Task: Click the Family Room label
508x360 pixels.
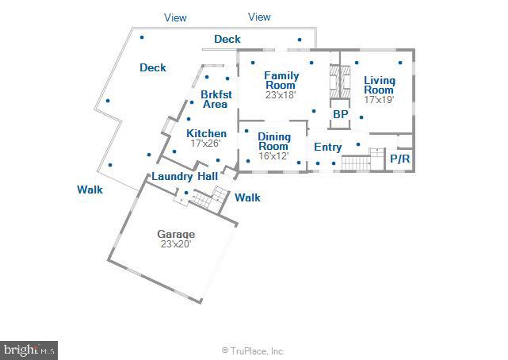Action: tap(281, 80)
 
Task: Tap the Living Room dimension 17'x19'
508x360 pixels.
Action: tap(379, 99)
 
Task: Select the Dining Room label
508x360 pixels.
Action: tap(274, 142)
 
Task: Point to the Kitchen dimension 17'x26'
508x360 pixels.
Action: tap(205, 144)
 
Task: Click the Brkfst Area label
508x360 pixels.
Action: tap(216, 99)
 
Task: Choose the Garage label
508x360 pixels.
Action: tap(176, 234)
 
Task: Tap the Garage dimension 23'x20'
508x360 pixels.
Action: tap(176, 244)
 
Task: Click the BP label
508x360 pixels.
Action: tap(341, 114)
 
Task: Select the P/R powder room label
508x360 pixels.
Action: tap(399, 159)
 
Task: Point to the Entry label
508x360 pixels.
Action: tap(328, 147)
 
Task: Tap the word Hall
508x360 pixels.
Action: tap(208, 176)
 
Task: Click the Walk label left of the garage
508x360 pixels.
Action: tap(90, 190)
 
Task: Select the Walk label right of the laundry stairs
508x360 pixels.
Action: tap(247, 197)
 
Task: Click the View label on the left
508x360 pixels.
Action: tap(175, 17)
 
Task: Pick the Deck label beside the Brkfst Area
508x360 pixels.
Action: tap(153, 67)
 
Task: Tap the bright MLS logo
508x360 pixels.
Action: tap(29, 350)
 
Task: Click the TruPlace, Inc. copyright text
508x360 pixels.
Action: tap(253, 351)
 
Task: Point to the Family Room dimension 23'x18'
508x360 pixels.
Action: tap(281, 95)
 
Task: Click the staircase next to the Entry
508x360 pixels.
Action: tap(357, 163)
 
